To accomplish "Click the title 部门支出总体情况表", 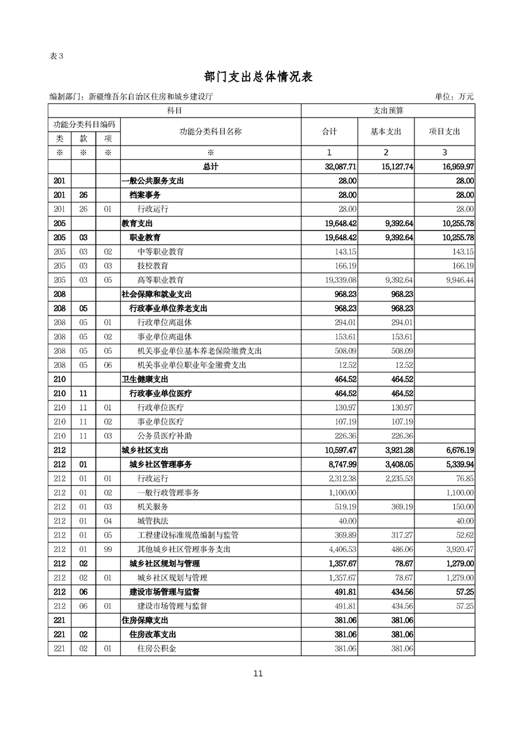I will pyautogui.click(x=258, y=76).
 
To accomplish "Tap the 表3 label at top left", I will pyautogui.click(x=56, y=56).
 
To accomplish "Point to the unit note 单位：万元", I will pyautogui.click(x=454, y=96).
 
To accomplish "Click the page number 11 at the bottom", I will pyautogui.click(x=257, y=673).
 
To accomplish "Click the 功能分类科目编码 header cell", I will pyautogui.click(x=84, y=124).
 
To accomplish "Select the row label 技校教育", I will pyautogui.click(x=153, y=265).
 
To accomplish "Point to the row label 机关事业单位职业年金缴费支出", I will pyautogui.click(x=192, y=365).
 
